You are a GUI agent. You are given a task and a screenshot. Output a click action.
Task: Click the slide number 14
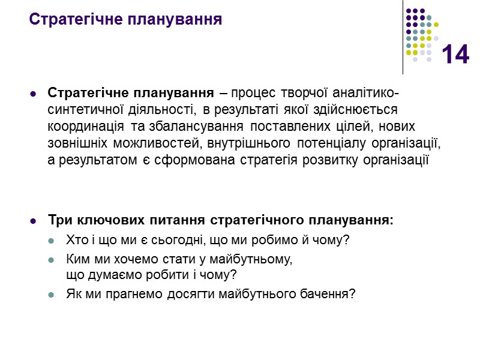click(x=455, y=55)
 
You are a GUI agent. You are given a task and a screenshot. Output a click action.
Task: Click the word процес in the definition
click(x=251, y=94)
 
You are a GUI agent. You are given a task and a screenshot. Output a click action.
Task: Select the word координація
click(x=83, y=127)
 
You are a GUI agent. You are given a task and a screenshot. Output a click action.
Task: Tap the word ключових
click(x=101, y=220)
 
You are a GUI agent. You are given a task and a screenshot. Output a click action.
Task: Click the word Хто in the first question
click(x=75, y=240)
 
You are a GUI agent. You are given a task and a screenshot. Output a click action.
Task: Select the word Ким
click(x=76, y=260)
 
